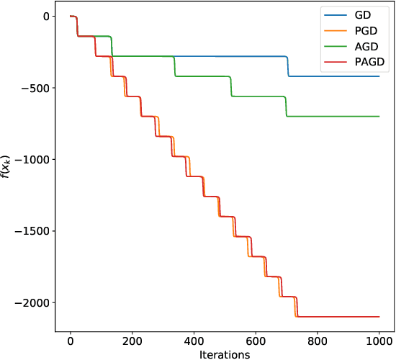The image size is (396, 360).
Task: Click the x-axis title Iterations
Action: (225, 354)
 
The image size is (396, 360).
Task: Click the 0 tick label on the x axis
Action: (71, 341)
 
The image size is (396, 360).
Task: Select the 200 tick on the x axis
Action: (132, 341)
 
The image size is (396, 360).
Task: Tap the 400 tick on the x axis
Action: (194, 341)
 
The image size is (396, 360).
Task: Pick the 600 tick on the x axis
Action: (256, 341)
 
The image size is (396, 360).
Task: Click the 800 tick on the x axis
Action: (318, 341)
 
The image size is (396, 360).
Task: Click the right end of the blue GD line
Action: (379, 76)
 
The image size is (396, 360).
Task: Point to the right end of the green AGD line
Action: (379, 116)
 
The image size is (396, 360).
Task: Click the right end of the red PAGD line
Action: (379, 317)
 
